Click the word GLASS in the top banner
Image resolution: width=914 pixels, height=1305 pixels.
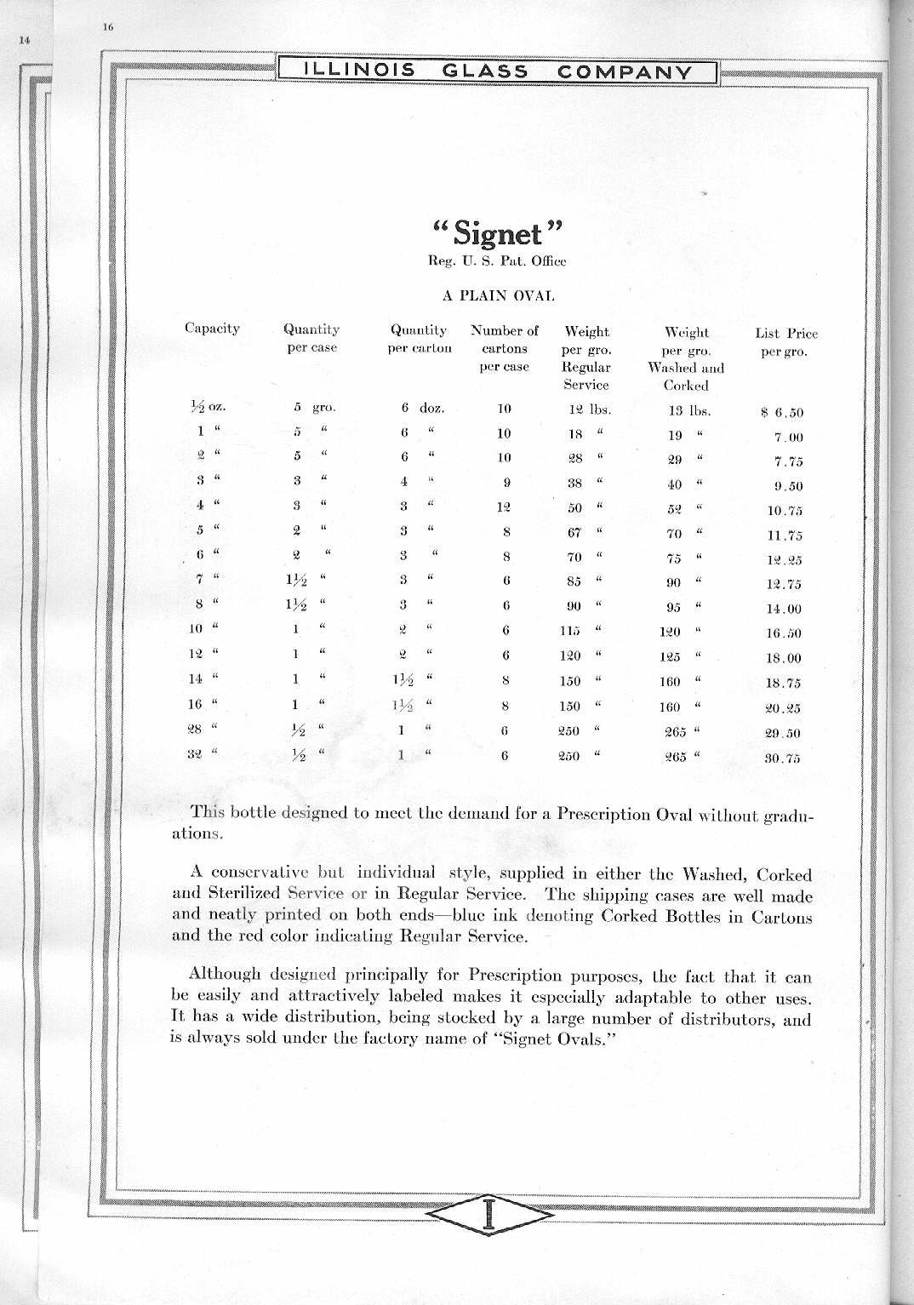tap(485, 72)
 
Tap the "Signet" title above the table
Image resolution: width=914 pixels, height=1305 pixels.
tap(499, 232)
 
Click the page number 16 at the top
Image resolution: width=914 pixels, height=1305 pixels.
tap(108, 26)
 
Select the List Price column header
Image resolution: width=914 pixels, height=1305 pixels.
tap(785, 342)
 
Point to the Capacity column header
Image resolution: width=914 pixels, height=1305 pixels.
tap(212, 329)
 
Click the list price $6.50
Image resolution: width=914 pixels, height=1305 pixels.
tap(782, 413)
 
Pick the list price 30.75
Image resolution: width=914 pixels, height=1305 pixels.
tap(783, 759)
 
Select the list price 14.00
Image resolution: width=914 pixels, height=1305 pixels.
tap(784, 610)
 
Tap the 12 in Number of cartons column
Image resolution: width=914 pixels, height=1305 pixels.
tap(506, 507)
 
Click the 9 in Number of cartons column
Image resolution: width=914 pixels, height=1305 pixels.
tap(506, 483)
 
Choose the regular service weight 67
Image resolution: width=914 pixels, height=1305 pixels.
tap(574, 533)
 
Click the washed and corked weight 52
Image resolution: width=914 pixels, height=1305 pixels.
tap(675, 509)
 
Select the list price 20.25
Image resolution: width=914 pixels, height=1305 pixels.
tap(784, 708)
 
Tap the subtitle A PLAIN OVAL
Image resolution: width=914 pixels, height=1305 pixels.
tap(498, 296)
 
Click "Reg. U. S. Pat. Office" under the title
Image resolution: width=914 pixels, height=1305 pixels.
tap(497, 261)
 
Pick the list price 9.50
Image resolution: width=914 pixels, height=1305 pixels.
tap(785, 487)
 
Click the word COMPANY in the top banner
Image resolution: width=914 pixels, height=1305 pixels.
tap(624, 72)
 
